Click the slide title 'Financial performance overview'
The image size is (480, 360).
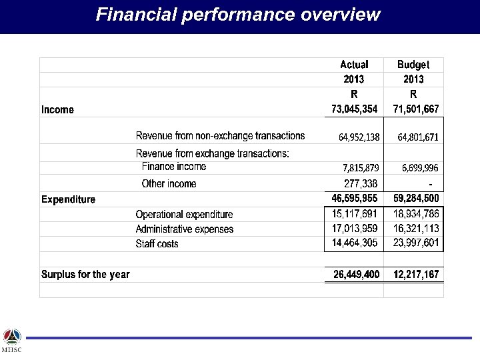(238, 15)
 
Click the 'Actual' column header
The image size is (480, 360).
(354, 65)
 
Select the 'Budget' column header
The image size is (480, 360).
(413, 65)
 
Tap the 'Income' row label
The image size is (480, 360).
(58, 109)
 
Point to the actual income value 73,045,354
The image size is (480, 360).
(354, 109)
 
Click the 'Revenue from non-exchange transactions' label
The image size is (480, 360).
(220, 136)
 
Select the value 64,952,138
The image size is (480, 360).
(359, 137)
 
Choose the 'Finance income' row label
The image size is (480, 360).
(174, 167)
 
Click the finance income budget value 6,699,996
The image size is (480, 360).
(420, 167)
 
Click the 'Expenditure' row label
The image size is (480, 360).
(68, 199)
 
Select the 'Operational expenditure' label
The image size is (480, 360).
(184, 215)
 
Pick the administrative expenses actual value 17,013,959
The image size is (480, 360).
(355, 229)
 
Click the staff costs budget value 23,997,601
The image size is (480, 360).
(416, 243)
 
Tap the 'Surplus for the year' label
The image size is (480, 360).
(85, 274)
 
